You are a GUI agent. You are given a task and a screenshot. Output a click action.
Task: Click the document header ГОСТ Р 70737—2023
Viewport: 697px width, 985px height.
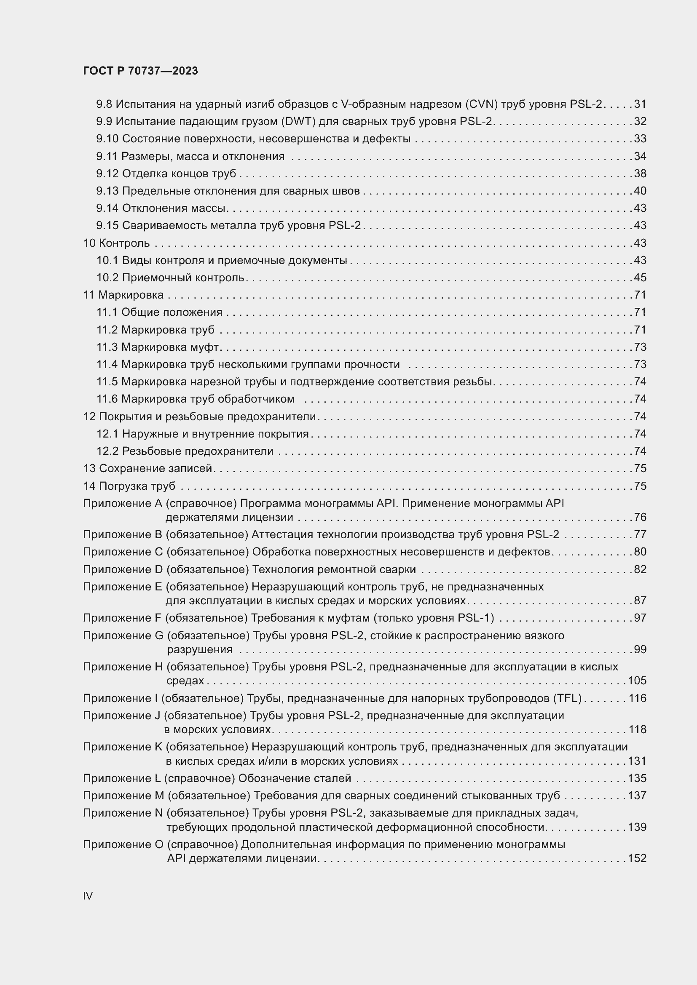coord(140,71)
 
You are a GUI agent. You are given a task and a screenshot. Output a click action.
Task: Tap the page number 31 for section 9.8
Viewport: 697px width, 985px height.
coord(640,104)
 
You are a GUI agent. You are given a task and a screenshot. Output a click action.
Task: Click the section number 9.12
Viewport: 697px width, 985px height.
coord(107,174)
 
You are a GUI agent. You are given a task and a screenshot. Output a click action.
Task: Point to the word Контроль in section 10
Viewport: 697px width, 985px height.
coord(124,243)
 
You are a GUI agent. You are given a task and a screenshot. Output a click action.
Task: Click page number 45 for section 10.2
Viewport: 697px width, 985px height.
coord(640,278)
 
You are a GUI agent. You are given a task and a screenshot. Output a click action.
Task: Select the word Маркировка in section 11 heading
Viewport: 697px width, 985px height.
coord(131,295)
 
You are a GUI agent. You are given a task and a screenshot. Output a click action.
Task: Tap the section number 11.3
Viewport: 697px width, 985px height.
coord(107,347)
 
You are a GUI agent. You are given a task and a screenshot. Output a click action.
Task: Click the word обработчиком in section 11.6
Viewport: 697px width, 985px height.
coord(256,399)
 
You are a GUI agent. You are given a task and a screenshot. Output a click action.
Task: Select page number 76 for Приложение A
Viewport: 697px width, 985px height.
coord(640,517)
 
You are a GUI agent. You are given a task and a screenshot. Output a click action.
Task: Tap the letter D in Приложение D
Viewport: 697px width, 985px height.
coord(158,569)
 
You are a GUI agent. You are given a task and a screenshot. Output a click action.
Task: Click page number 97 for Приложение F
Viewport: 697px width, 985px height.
coord(640,618)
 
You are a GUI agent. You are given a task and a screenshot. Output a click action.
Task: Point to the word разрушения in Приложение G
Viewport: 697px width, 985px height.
coord(200,649)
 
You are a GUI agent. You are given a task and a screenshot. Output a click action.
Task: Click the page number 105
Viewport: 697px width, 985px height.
coord(637,681)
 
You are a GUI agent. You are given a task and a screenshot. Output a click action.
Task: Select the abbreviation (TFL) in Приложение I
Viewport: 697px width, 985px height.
coord(567,698)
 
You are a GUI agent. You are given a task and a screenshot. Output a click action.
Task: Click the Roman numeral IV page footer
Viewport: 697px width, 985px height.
coord(88,895)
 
